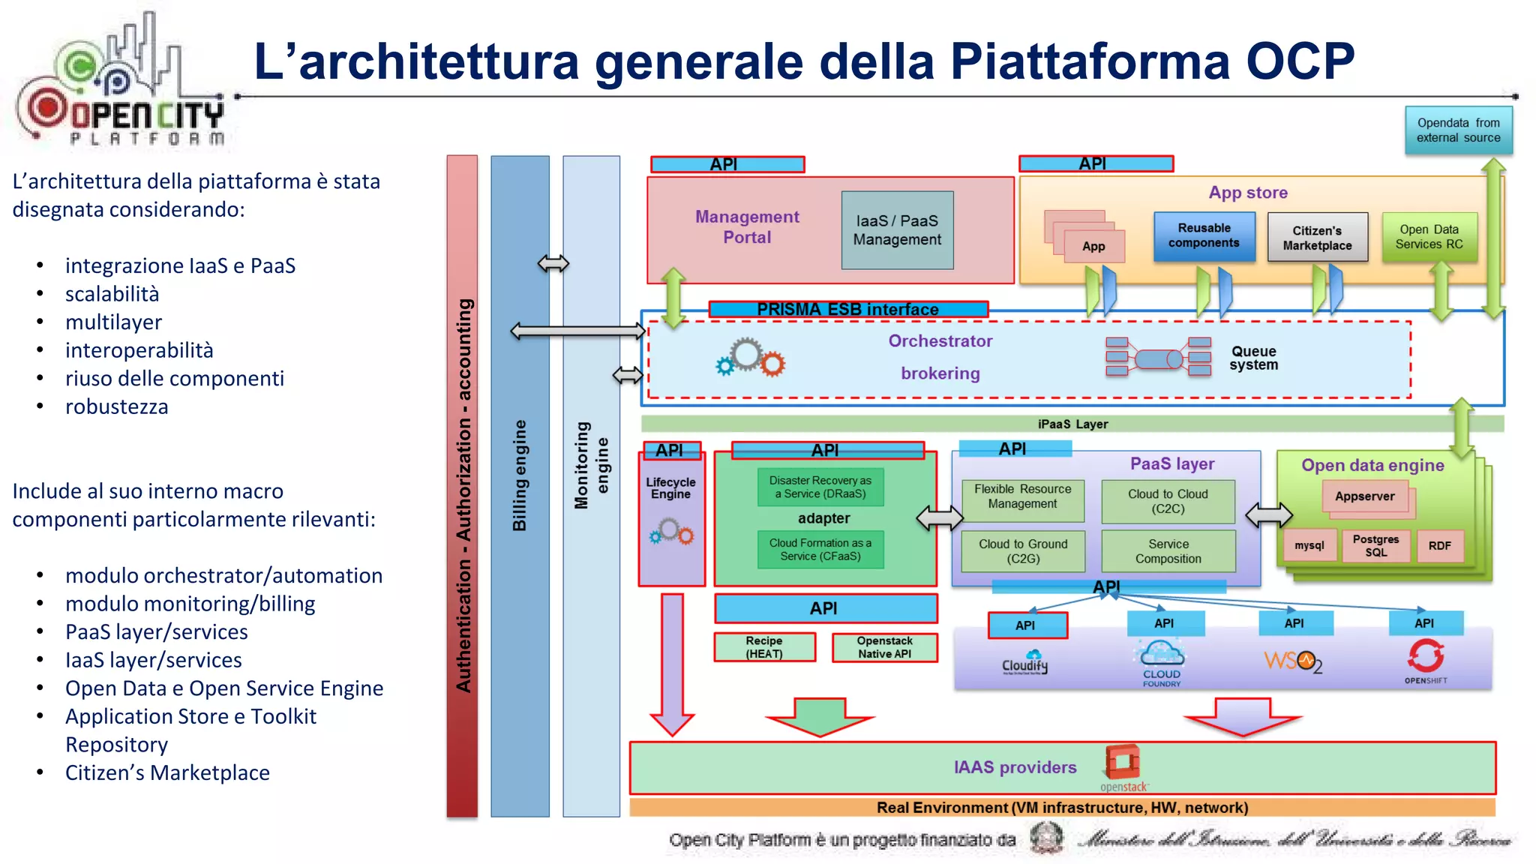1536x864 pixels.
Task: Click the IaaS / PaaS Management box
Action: click(897, 230)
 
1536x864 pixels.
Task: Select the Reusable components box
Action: click(1204, 236)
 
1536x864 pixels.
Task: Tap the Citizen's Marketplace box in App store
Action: click(1317, 238)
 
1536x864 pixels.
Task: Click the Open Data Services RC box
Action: click(1429, 237)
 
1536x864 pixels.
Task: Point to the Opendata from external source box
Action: click(1458, 130)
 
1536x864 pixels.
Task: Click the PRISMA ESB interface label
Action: click(847, 309)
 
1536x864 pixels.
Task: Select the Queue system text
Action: click(1253, 358)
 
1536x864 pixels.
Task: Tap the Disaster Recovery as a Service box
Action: click(820, 487)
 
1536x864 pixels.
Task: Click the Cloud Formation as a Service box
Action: click(820, 550)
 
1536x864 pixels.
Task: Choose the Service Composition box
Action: click(1168, 551)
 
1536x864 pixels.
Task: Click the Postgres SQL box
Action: click(1375, 545)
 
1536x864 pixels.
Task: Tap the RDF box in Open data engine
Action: click(1439, 546)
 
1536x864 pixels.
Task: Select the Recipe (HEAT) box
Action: click(764, 647)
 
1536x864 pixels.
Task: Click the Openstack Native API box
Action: click(884, 647)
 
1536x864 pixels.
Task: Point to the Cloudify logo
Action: click(1024, 662)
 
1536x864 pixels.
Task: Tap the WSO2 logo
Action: click(1293, 661)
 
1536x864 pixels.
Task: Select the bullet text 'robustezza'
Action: click(116, 406)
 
